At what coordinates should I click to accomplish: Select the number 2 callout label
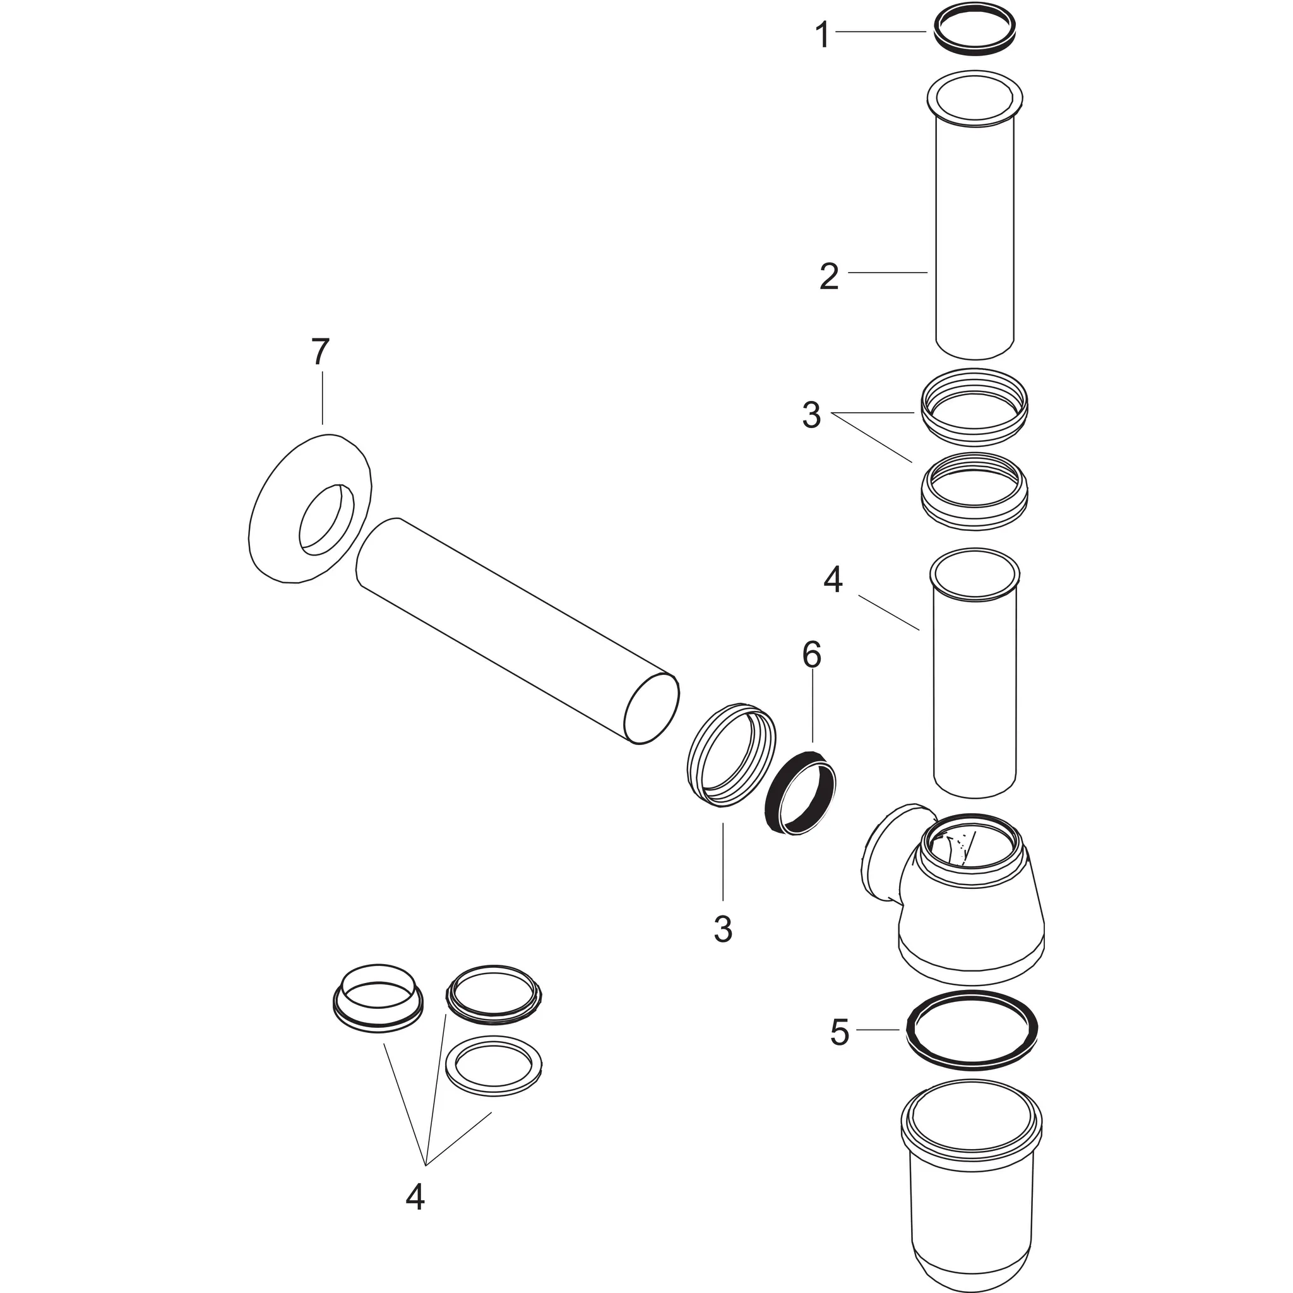tap(829, 277)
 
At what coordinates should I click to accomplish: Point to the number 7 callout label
tap(321, 352)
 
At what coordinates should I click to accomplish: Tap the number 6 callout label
tap(811, 655)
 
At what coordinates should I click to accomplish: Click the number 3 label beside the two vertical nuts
tap(811, 415)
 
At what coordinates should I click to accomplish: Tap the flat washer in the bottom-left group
tap(494, 1067)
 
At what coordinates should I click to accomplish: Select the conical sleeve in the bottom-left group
tap(378, 1002)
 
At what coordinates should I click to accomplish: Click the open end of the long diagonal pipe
tap(652, 709)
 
